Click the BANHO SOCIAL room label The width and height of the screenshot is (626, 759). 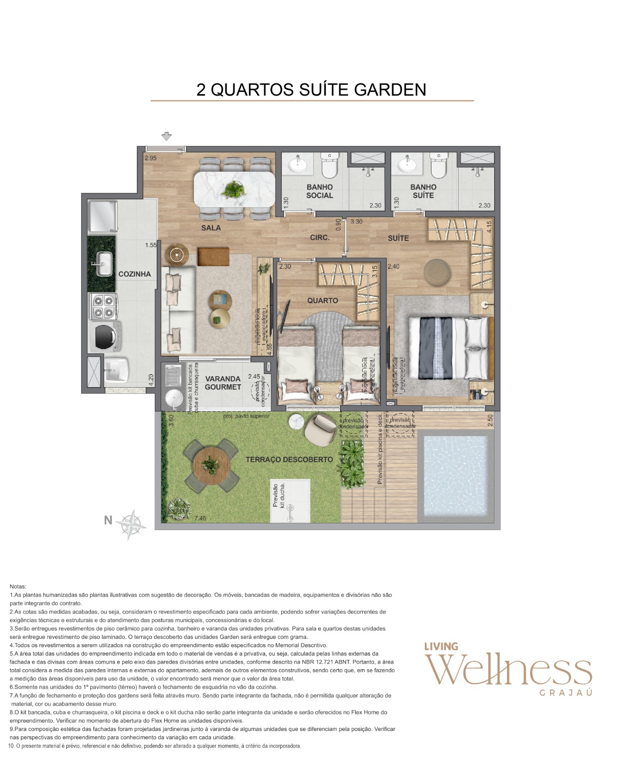point(319,191)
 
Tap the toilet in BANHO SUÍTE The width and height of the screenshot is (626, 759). point(439,165)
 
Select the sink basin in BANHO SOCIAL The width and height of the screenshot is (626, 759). point(298,165)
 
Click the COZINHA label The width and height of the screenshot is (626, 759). point(134,274)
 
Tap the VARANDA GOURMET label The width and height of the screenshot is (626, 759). point(223,383)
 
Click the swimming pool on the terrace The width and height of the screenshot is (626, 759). point(456,476)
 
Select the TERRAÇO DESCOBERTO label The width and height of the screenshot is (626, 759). point(289,460)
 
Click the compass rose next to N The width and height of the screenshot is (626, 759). point(132,524)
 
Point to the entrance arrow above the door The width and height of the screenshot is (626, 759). point(166,137)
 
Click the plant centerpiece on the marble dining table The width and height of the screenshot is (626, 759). point(234,189)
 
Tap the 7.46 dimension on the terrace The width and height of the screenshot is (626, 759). point(200,518)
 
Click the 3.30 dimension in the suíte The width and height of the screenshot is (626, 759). point(356,222)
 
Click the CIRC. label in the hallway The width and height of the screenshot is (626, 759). point(320,238)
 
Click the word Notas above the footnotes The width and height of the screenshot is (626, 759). point(18,587)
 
